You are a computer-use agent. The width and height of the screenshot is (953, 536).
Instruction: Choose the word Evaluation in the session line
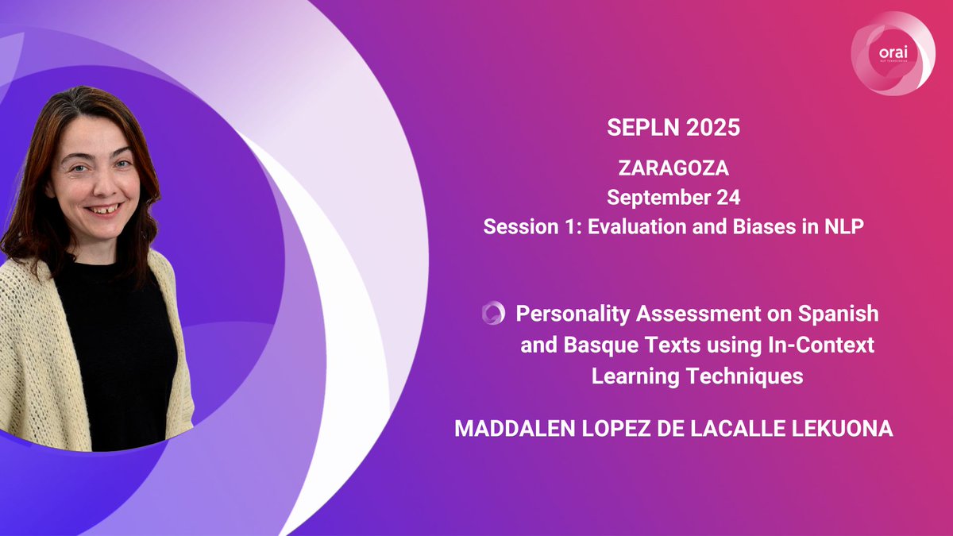click(x=640, y=226)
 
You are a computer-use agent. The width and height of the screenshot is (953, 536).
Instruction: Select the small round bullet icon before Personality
click(x=493, y=314)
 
